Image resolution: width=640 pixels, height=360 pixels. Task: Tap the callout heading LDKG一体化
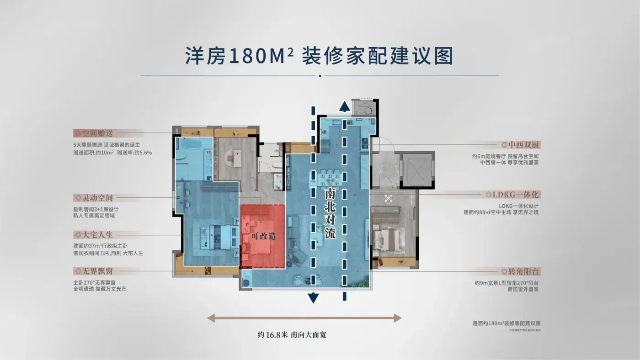tap(516, 195)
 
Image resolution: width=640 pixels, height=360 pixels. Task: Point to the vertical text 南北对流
tap(330, 213)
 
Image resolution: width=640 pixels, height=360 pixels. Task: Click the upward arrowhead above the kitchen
tap(344, 107)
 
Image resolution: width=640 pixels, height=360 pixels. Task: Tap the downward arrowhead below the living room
tap(313, 299)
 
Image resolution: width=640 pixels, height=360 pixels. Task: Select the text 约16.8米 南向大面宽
tap(292, 335)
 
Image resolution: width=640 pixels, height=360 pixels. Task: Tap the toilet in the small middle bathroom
tap(277, 164)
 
